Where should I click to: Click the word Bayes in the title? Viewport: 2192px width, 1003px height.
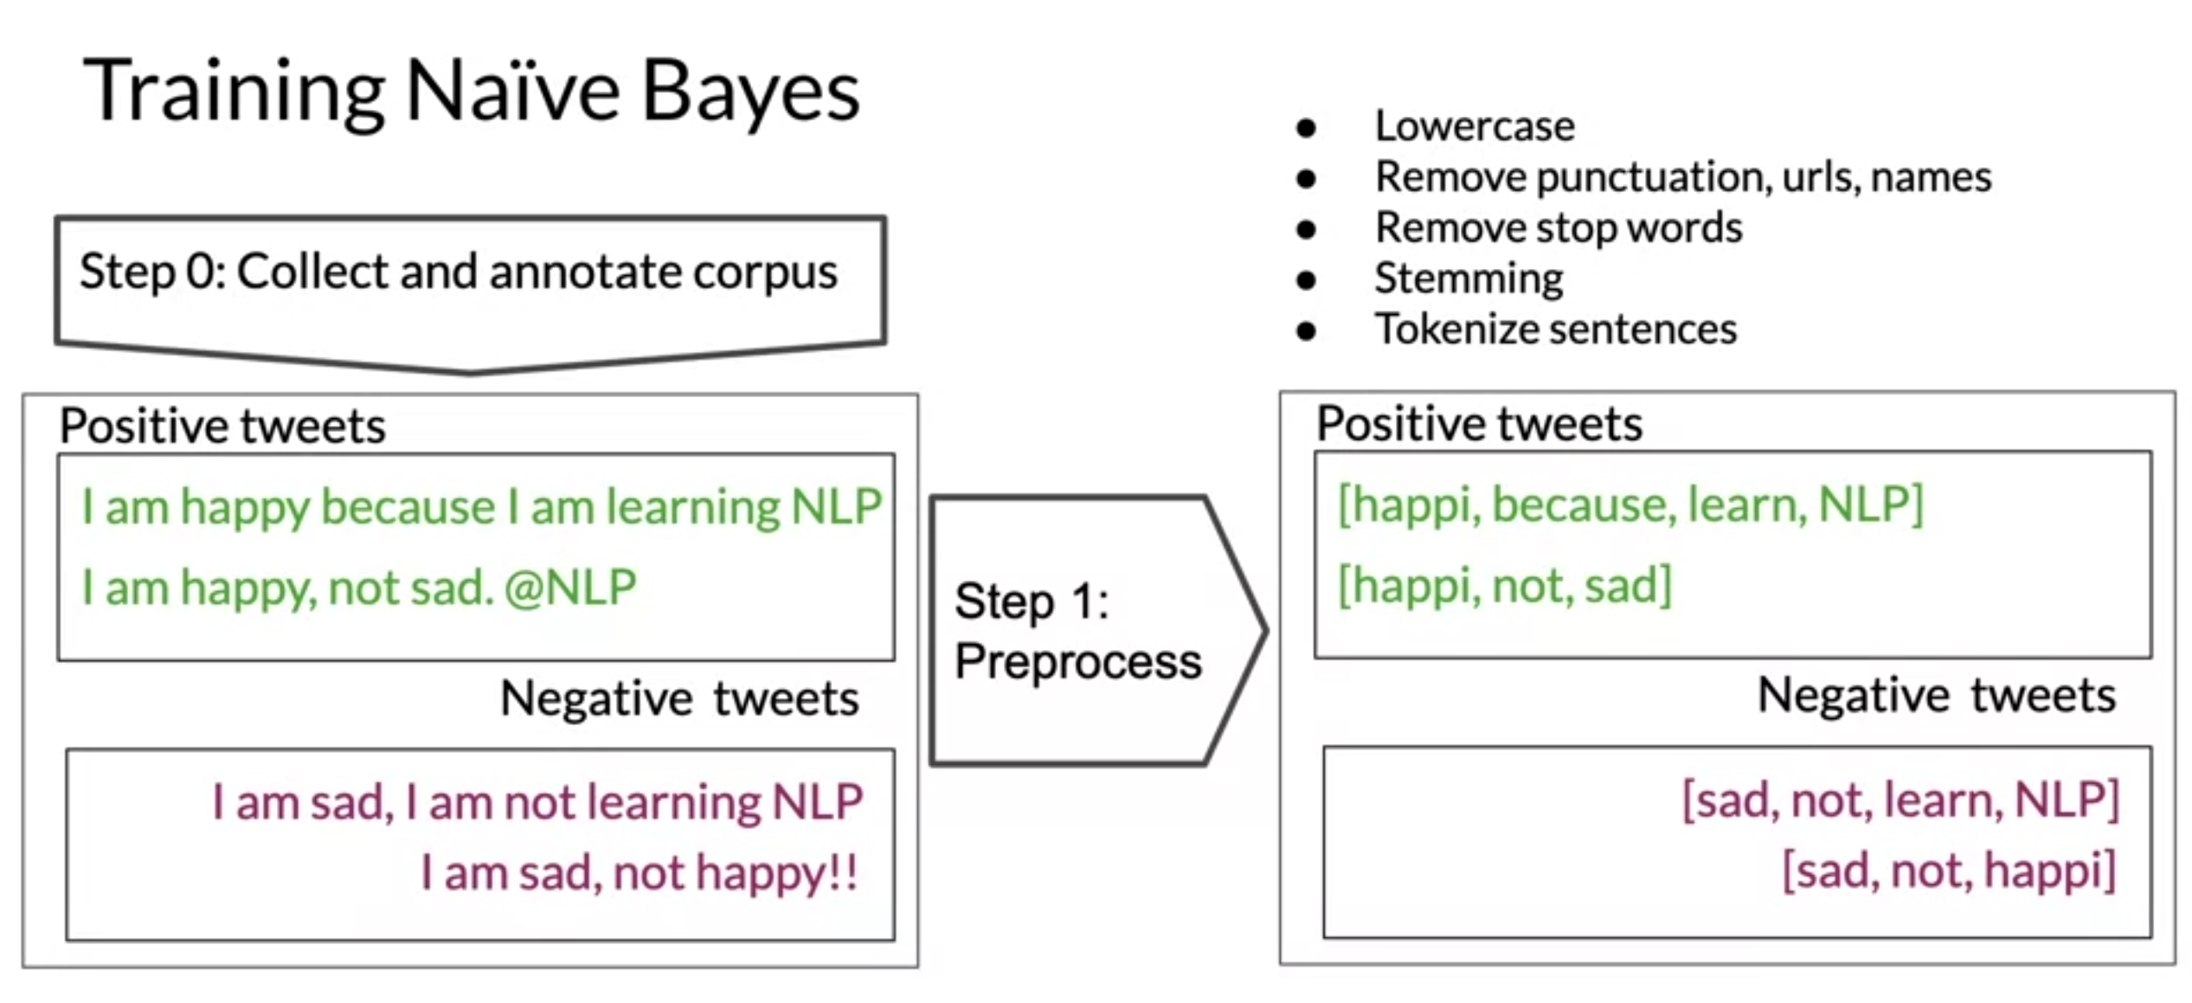749,92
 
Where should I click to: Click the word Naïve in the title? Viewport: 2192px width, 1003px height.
512,92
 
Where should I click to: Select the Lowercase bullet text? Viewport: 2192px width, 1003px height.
1475,126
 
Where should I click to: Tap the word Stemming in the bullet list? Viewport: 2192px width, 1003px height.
1469,279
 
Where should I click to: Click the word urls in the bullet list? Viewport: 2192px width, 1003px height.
1818,177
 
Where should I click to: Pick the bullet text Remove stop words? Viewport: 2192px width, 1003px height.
1559,228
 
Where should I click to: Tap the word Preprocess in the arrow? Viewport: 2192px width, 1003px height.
1077,662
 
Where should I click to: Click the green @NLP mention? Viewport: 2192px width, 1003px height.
570,588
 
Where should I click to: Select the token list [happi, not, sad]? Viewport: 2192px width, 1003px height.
1505,586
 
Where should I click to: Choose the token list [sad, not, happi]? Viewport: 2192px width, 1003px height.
1949,871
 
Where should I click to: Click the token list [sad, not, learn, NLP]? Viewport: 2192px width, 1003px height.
1900,800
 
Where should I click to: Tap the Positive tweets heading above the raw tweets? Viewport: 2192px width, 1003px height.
222,426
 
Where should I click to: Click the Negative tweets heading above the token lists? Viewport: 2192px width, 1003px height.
1936,695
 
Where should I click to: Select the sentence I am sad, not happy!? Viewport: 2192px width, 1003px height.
639,872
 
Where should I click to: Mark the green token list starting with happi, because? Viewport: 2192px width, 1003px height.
1630,505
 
